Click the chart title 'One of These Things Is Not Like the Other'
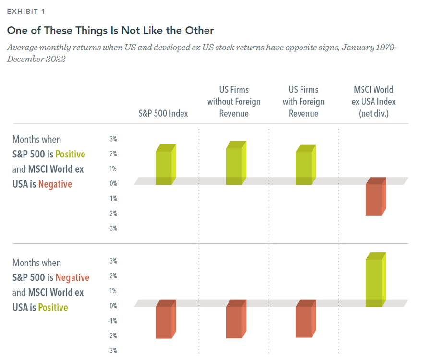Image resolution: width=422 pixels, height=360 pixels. (110, 30)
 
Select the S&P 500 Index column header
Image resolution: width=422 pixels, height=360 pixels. (163, 113)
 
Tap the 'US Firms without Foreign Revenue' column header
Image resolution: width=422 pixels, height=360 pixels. (234, 101)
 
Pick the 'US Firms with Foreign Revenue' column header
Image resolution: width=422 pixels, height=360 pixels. (303, 101)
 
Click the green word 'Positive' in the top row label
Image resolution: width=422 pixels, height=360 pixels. (70, 154)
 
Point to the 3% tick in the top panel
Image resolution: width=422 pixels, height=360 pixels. (113, 139)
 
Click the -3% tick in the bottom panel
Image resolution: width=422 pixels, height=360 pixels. (112, 351)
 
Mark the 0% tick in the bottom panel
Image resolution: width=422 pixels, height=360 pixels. (113, 305)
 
